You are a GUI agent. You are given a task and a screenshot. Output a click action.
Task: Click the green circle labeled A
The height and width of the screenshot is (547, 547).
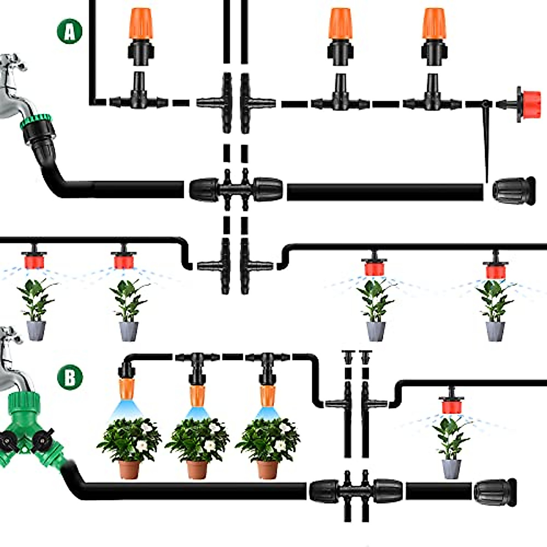69,31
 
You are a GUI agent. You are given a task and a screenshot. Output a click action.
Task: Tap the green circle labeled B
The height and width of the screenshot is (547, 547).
70,378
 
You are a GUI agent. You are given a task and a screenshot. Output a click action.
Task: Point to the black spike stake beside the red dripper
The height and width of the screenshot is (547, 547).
486,137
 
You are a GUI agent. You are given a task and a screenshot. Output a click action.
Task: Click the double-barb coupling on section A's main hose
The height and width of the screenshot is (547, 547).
236,189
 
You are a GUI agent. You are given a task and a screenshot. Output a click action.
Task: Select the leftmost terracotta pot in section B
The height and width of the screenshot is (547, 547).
129,469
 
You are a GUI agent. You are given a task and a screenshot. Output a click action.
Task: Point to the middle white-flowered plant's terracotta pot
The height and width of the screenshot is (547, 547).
197,469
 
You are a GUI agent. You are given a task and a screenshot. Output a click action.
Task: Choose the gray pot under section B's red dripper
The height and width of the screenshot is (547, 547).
451,468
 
